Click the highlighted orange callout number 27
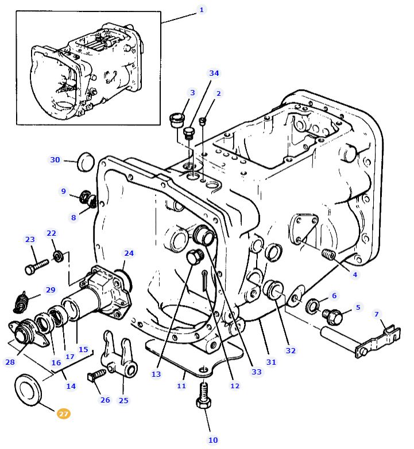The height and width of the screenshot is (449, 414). [x=63, y=413]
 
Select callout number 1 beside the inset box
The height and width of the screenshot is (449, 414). [x=201, y=10]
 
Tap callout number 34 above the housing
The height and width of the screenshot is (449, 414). [x=214, y=73]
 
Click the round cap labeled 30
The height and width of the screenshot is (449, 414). [x=86, y=162]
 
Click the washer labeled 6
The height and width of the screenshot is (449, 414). [x=314, y=306]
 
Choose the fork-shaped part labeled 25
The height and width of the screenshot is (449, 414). [x=119, y=357]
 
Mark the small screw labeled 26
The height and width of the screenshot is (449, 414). [x=95, y=375]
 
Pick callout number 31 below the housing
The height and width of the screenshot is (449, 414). [x=271, y=362]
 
